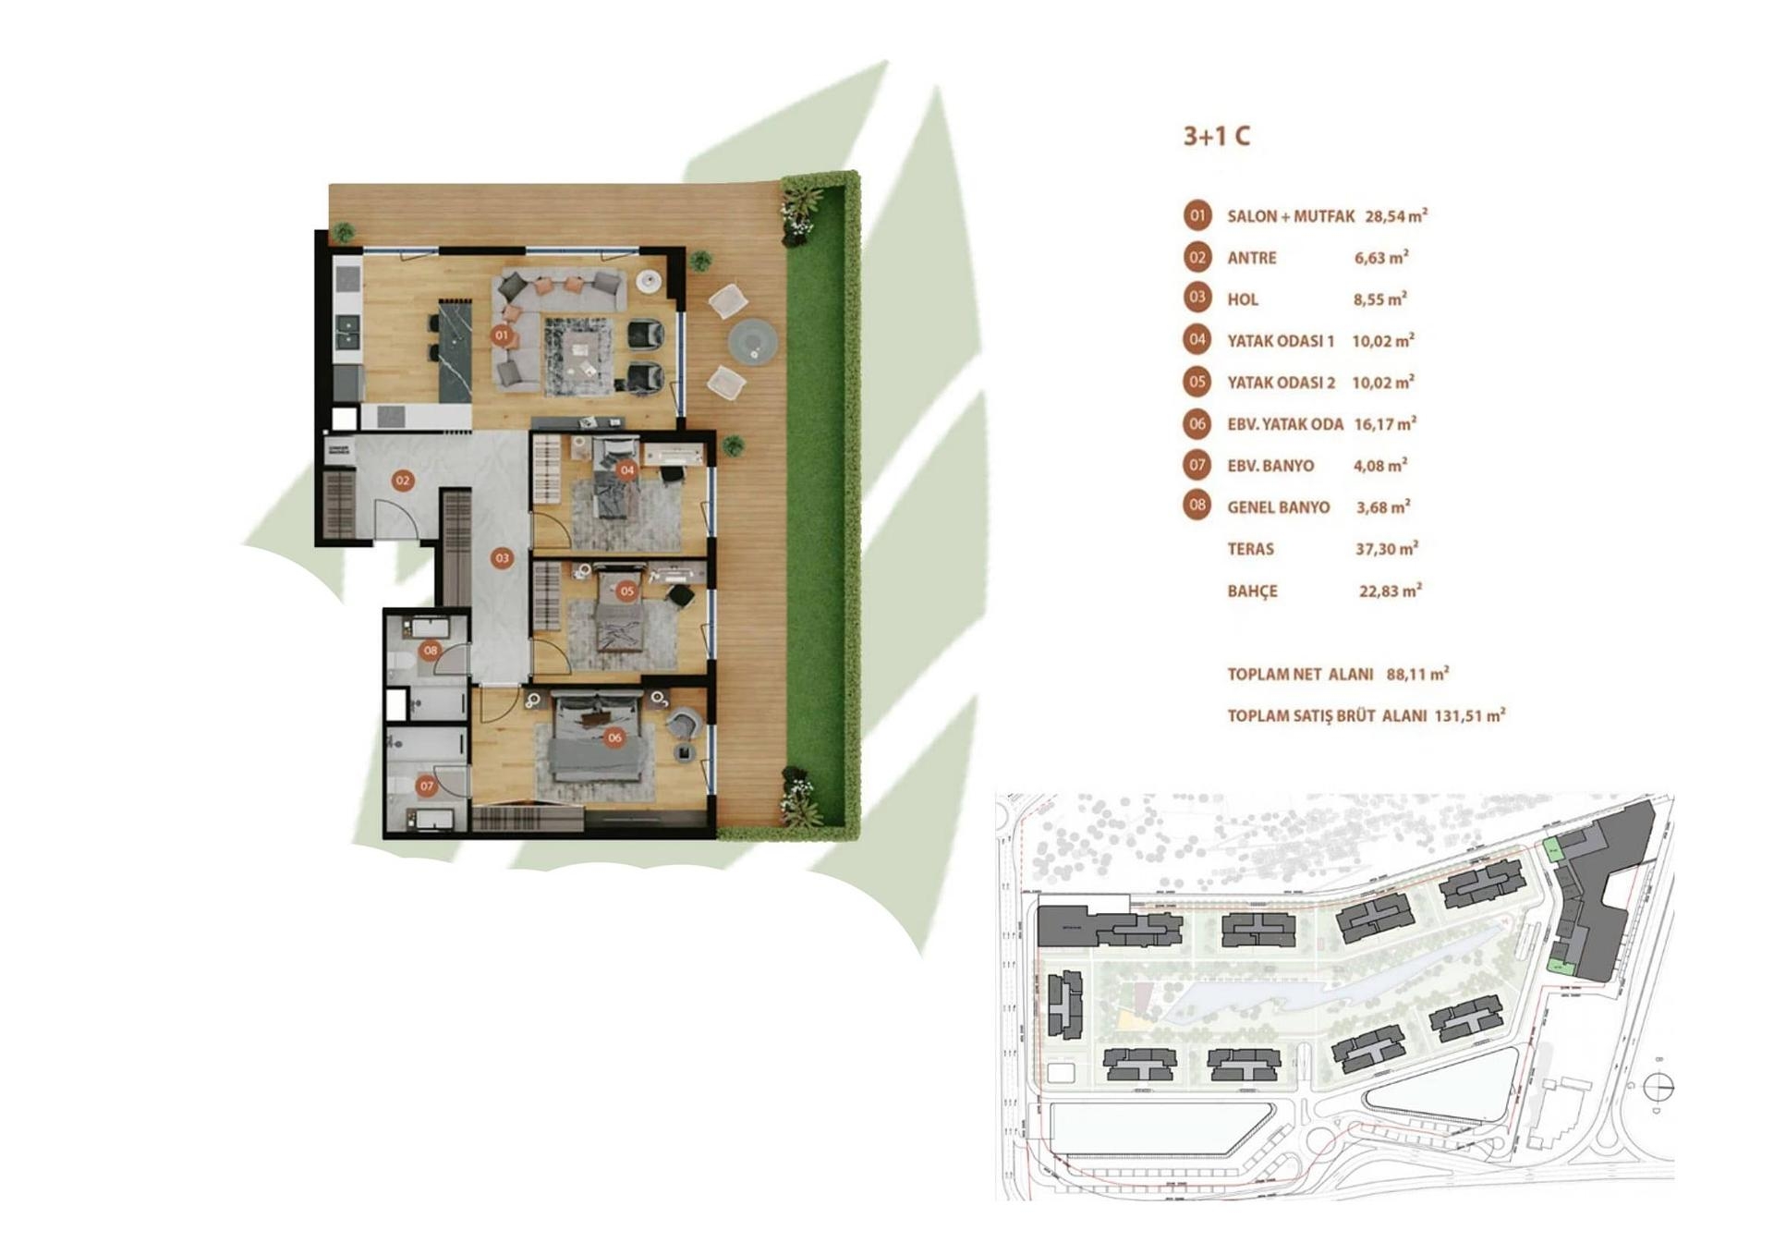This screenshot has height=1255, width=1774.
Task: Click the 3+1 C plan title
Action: click(x=1216, y=137)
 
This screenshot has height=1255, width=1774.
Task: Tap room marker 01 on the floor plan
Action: click(x=502, y=335)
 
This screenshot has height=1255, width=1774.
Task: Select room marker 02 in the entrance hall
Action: click(x=402, y=481)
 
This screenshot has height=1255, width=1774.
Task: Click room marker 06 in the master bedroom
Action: click(x=614, y=737)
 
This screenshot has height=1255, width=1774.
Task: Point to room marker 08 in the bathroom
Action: click(x=431, y=651)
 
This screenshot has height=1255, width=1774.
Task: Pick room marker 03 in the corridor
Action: click(x=502, y=558)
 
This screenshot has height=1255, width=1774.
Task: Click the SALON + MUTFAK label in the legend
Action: click(x=1290, y=217)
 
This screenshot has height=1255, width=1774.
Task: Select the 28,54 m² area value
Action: click(x=1395, y=217)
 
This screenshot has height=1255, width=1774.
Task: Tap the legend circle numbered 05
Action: click(x=1197, y=382)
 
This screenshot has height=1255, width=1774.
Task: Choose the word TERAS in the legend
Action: click(x=1250, y=550)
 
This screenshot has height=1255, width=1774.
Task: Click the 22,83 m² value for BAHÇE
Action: click(x=1390, y=591)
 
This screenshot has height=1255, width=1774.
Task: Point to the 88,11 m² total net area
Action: click(x=1416, y=675)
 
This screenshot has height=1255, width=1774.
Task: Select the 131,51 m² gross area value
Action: click(x=1469, y=716)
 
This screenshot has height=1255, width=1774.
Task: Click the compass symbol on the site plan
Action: click(x=1659, y=1087)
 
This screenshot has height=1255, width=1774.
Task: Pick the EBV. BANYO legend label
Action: click(x=1270, y=467)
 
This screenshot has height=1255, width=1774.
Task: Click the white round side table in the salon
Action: click(x=650, y=281)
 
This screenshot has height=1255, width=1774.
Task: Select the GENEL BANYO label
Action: click(x=1278, y=508)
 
